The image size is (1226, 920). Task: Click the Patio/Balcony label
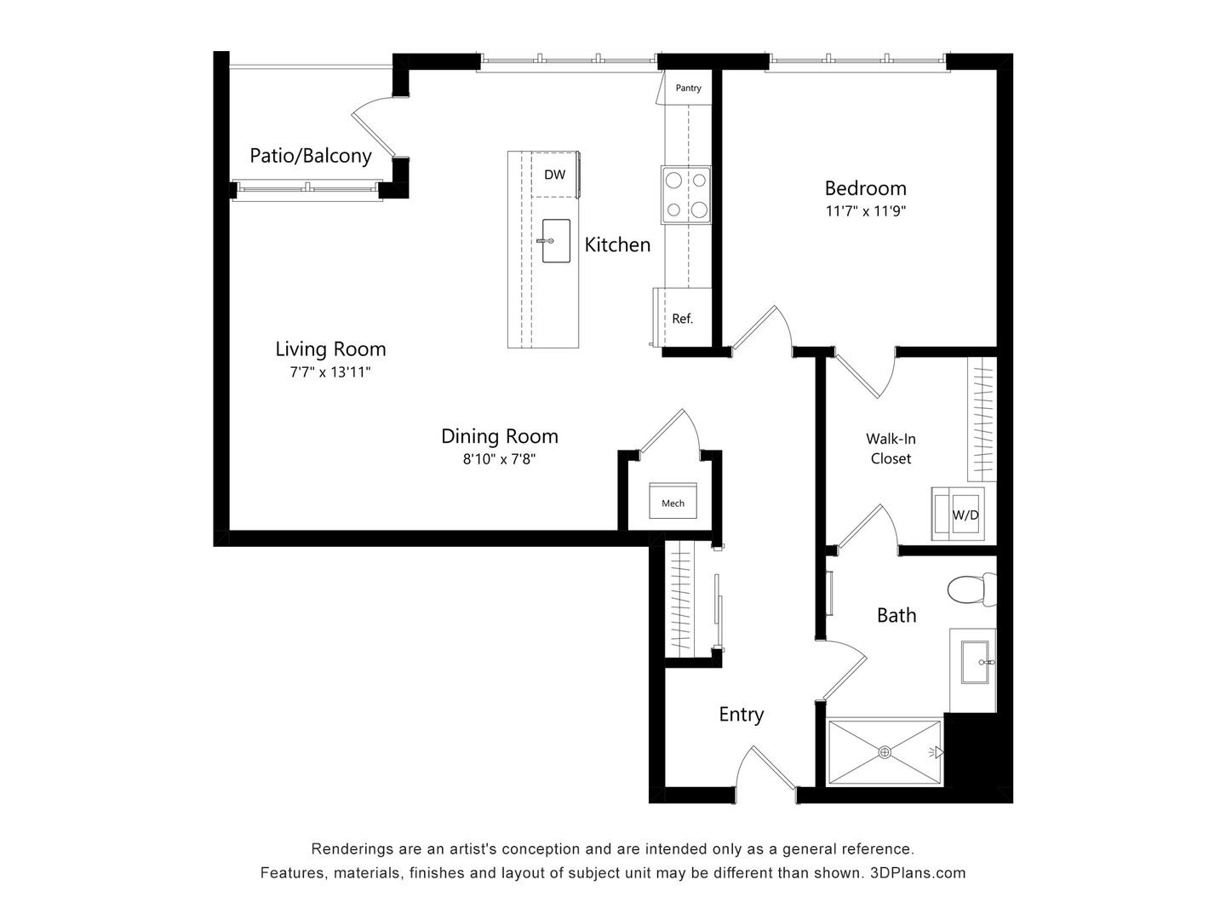tap(310, 156)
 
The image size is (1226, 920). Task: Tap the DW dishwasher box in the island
tap(554, 175)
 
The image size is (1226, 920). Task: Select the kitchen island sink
tap(556, 241)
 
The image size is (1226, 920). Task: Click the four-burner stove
tap(686, 194)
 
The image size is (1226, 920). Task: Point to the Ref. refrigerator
tap(683, 319)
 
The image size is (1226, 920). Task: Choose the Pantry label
tap(688, 88)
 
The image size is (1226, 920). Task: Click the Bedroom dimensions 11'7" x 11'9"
tap(865, 211)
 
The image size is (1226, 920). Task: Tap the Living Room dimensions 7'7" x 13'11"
tap(329, 372)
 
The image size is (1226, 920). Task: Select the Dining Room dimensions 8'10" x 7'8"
tap(499, 459)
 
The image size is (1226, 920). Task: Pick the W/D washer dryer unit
tap(962, 514)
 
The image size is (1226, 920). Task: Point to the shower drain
tap(885, 752)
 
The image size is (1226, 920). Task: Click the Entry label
tap(741, 714)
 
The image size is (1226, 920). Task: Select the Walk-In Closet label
tap(891, 449)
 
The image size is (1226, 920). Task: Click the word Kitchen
tap(617, 244)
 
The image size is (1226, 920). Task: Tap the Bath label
tap(897, 615)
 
